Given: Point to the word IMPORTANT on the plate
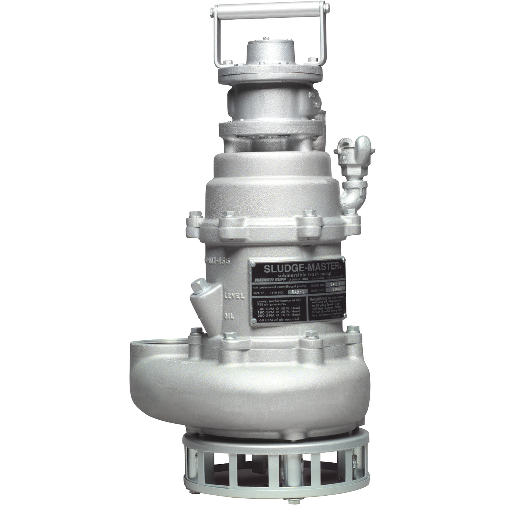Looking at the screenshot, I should pyautogui.click(x=318, y=298).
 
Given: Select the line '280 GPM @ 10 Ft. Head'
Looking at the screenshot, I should pyautogui.click(x=278, y=315).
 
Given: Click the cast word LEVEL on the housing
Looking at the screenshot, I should pyautogui.click(x=235, y=296).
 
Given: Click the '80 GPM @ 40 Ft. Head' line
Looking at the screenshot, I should pyautogui.click(x=278, y=308).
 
